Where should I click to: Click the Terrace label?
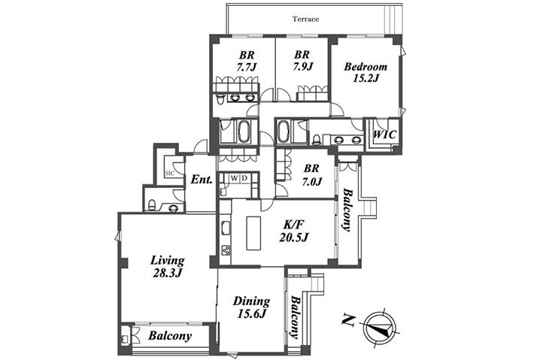305,19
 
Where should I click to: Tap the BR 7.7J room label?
246,61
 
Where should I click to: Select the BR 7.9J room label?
302,60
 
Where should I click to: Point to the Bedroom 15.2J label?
366,72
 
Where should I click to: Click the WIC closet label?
385,135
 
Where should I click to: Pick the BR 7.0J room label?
311,175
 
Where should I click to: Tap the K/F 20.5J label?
293,231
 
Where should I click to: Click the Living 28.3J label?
167,267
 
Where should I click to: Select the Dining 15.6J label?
251,307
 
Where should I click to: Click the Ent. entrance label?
202,180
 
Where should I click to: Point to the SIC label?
169,173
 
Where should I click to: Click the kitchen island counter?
253,233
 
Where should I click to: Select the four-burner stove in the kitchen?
226,250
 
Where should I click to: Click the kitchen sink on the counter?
226,228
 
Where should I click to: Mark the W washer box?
235,178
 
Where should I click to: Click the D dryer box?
245,178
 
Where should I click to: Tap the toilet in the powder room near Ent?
152,205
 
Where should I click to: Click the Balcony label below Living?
170,336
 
